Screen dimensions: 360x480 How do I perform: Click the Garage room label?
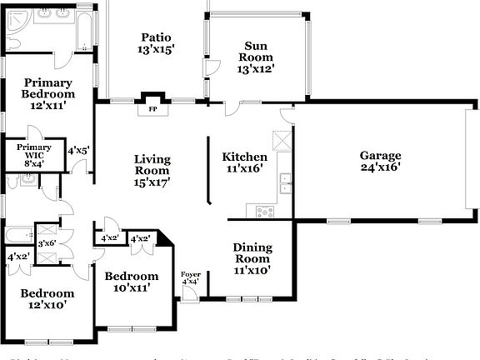tap(380, 155)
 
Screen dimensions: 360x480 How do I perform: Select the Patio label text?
tap(156, 37)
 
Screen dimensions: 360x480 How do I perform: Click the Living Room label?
tap(152, 165)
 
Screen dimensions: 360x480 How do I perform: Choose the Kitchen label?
tap(244, 157)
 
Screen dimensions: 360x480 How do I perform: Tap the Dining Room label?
tap(252, 252)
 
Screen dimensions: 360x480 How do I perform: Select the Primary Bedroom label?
tap(48, 88)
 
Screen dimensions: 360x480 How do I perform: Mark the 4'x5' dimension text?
tap(78, 150)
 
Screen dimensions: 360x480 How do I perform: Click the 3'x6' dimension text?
tap(47, 243)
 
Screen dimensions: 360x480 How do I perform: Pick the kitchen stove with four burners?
tap(266, 212)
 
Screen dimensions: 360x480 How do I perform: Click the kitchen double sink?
tap(286, 182)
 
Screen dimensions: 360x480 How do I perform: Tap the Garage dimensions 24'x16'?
tap(380, 167)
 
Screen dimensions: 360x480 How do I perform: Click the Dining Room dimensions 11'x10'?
tap(252, 270)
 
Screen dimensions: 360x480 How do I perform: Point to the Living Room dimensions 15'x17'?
tap(152, 182)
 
